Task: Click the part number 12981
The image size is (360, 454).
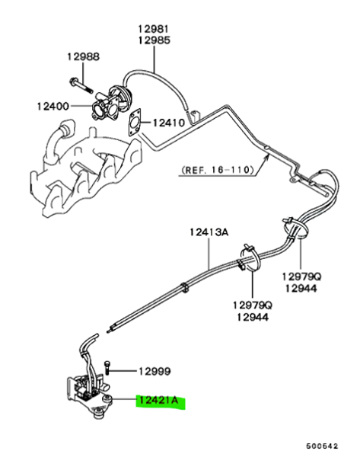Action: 153,29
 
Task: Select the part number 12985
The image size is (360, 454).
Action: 154,40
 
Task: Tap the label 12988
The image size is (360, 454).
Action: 84,56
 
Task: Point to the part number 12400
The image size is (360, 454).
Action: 53,106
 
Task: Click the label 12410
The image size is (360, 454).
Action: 169,123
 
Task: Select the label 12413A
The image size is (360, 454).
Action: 209,232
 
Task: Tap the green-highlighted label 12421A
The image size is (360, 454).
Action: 158,401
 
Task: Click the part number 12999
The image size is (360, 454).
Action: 155,371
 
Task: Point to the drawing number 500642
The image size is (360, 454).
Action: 322,446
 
